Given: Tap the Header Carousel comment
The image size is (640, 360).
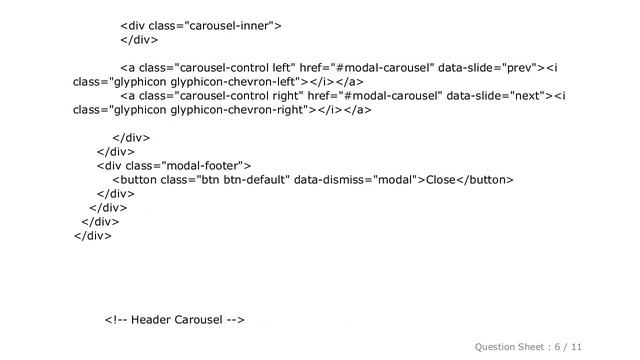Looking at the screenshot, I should pyautogui.click(x=175, y=320).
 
